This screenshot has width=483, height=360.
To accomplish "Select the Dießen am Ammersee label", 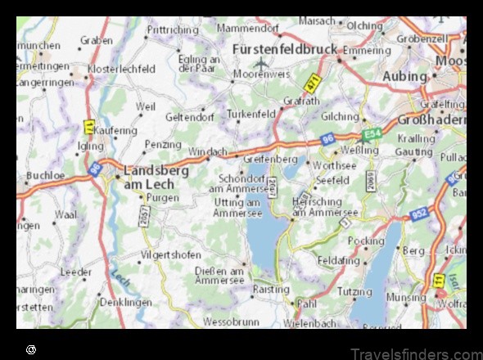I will [219, 275].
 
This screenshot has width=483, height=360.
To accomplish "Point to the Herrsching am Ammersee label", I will [325, 207].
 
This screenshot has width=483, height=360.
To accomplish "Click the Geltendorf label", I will [189, 117].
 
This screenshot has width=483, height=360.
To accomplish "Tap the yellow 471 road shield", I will [312, 83].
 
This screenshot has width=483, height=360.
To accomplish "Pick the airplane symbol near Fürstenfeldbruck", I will [261, 63].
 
